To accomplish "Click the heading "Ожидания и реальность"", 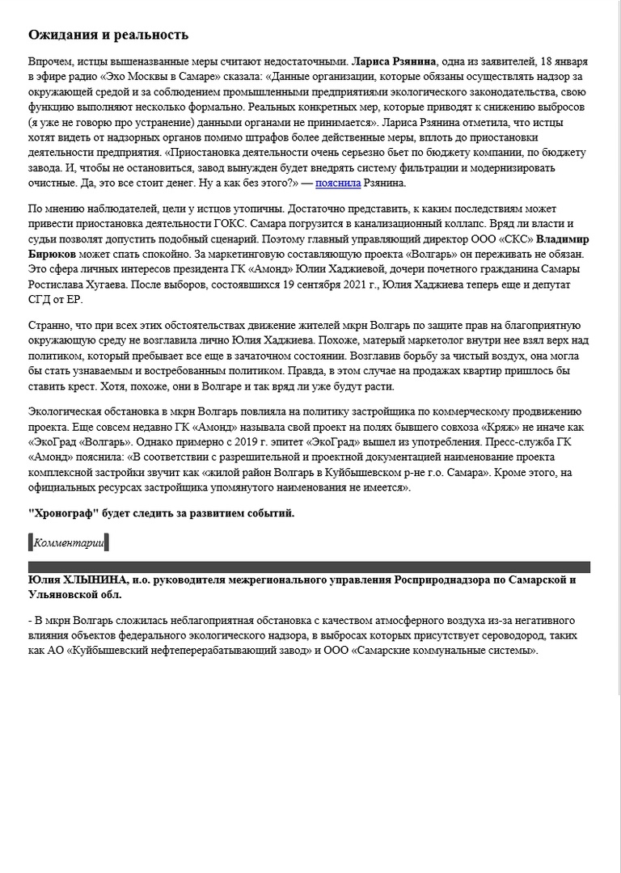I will [108, 35].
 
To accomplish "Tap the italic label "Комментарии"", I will [69, 542].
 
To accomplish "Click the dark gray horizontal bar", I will [310, 567].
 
